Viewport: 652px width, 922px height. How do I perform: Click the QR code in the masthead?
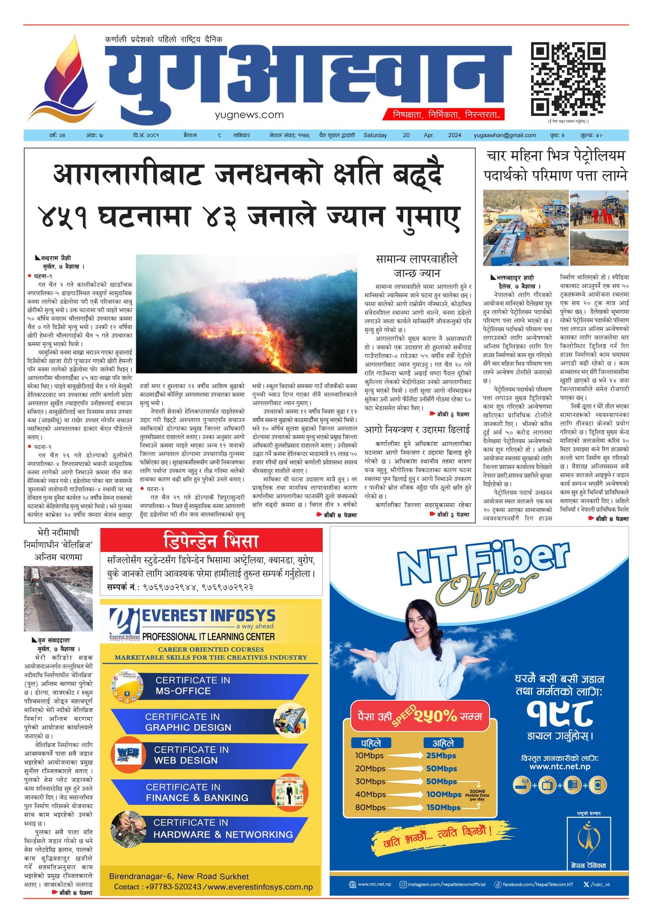567,79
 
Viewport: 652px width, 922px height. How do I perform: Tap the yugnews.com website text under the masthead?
249,115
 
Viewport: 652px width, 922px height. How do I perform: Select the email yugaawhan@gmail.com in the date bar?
504,135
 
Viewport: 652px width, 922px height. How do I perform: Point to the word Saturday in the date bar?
375,135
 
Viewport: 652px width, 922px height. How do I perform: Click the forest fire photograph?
246,314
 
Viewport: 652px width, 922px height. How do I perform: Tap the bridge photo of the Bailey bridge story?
58,598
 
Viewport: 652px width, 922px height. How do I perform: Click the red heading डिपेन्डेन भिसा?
211,541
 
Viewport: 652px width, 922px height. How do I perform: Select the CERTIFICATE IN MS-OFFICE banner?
208,685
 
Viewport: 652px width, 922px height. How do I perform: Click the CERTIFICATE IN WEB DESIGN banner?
208,755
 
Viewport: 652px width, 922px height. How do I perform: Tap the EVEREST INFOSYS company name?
208,615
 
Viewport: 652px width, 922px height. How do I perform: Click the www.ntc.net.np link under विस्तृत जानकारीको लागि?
559,766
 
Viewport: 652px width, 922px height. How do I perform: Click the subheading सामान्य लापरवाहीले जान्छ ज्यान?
416,266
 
